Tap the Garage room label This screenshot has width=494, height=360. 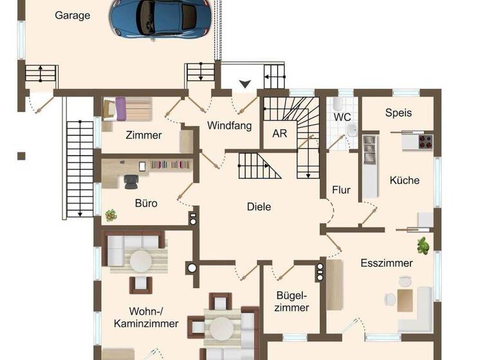(72, 15)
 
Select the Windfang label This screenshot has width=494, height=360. (229, 126)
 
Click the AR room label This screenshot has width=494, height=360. (280, 134)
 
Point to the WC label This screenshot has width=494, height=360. (342, 118)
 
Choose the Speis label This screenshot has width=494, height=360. (398, 113)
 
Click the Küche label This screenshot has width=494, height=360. (404, 181)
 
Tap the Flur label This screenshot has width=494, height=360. (341, 190)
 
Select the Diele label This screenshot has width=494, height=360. (259, 207)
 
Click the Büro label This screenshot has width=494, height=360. (146, 203)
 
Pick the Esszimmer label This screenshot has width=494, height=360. (387, 263)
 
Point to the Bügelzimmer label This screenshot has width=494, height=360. (293, 301)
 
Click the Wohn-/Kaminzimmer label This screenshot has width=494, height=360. (145, 317)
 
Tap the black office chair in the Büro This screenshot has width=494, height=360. (131, 181)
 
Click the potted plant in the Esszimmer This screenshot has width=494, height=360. (423, 244)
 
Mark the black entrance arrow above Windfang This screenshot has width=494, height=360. (245, 84)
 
